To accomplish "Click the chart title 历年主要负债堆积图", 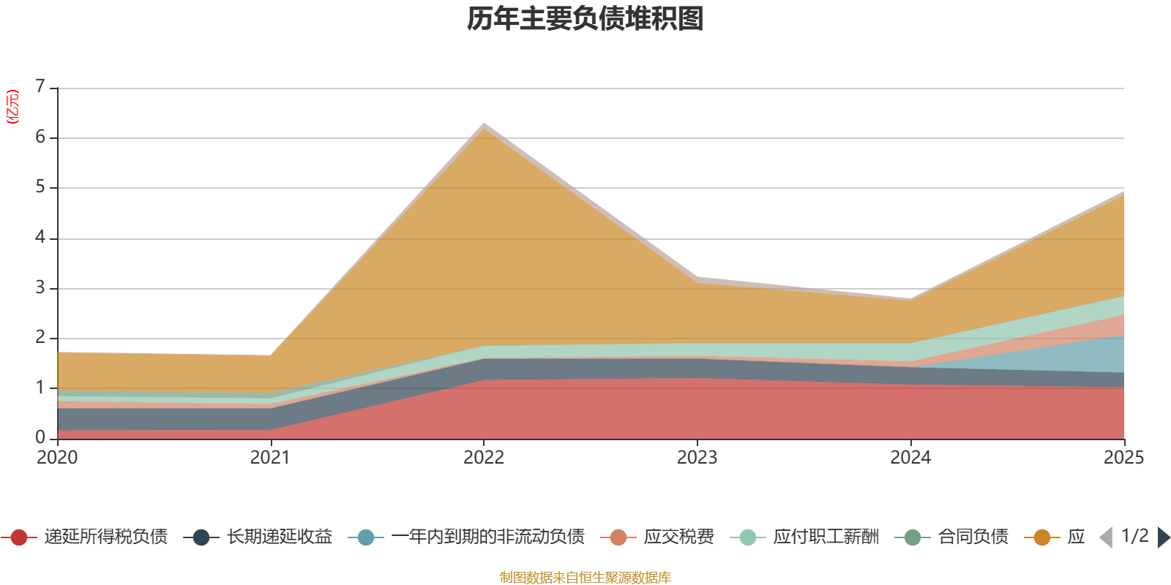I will click(585, 19).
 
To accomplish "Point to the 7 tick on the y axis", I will click(40, 87).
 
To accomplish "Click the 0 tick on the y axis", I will click(40, 437).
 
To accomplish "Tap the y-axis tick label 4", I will click(40, 238).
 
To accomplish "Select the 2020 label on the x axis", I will click(57, 458).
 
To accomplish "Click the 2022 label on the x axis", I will click(484, 458).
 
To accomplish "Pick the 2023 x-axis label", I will click(697, 458).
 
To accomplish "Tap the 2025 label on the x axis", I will click(1123, 458).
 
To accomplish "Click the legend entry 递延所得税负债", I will click(105, 537).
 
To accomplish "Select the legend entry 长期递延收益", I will click(279, 537).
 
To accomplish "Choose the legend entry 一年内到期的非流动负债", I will click(487, 537).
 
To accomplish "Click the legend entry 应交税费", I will click(678, 537).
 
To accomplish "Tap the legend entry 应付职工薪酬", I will click(826, 537).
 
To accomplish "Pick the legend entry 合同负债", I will click(973, 537).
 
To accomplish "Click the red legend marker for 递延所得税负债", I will click(19, 537).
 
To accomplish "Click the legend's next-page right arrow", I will click(1163, 537).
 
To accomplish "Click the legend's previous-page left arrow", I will click(1106, 537).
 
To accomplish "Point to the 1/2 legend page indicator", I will click(1134, 536).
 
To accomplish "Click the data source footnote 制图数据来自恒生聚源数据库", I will click(585, 578).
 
